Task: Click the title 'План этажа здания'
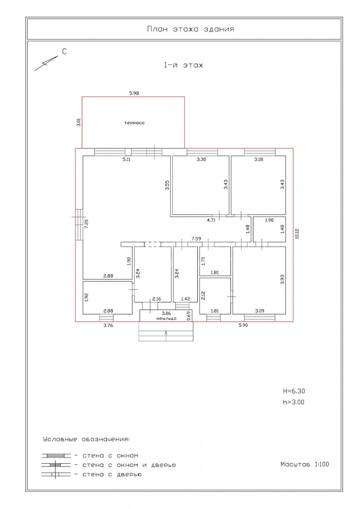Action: (191, 29)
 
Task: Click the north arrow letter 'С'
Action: (64, 52)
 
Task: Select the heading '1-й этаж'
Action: (183, 65)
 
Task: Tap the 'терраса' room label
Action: (134, 123)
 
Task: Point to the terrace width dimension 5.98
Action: (134, 93)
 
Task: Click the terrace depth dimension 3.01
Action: (78, 123)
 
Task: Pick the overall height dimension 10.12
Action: (297, 234)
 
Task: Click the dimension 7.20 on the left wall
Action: (86, 224)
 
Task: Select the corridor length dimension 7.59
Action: (196, 239)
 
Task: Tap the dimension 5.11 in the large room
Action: (126, 159)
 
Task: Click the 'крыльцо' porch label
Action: (166, 318)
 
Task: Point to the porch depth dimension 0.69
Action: (188, 315)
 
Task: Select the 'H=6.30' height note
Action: (294, 391)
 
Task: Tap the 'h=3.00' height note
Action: (294, 402)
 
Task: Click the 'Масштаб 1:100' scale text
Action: (305, 464)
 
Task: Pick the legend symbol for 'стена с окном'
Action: (56, 456)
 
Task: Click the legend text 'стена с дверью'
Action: (112, 474)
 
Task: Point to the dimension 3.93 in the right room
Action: (282, 280)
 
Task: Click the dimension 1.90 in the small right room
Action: (269, 220)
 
